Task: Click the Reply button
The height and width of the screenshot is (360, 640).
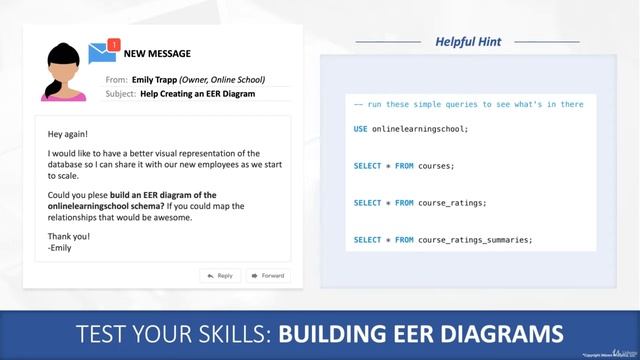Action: click(x=219, y=275)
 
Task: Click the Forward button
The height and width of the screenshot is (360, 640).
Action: click(x=268, y=275)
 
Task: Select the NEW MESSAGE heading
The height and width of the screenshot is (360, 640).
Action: click(x=157, y=54)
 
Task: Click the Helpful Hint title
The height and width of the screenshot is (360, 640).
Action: click(x=468, y=41)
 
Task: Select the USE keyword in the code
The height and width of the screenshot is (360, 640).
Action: click(x=360, y=128)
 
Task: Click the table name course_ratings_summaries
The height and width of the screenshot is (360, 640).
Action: click(x=475, y=239)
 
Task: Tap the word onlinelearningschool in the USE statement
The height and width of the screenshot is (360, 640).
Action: click(x=420, y=128)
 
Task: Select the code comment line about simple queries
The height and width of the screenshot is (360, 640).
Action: click(x=468, y=104)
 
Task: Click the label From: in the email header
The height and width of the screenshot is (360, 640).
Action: click(x=116, y=79)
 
